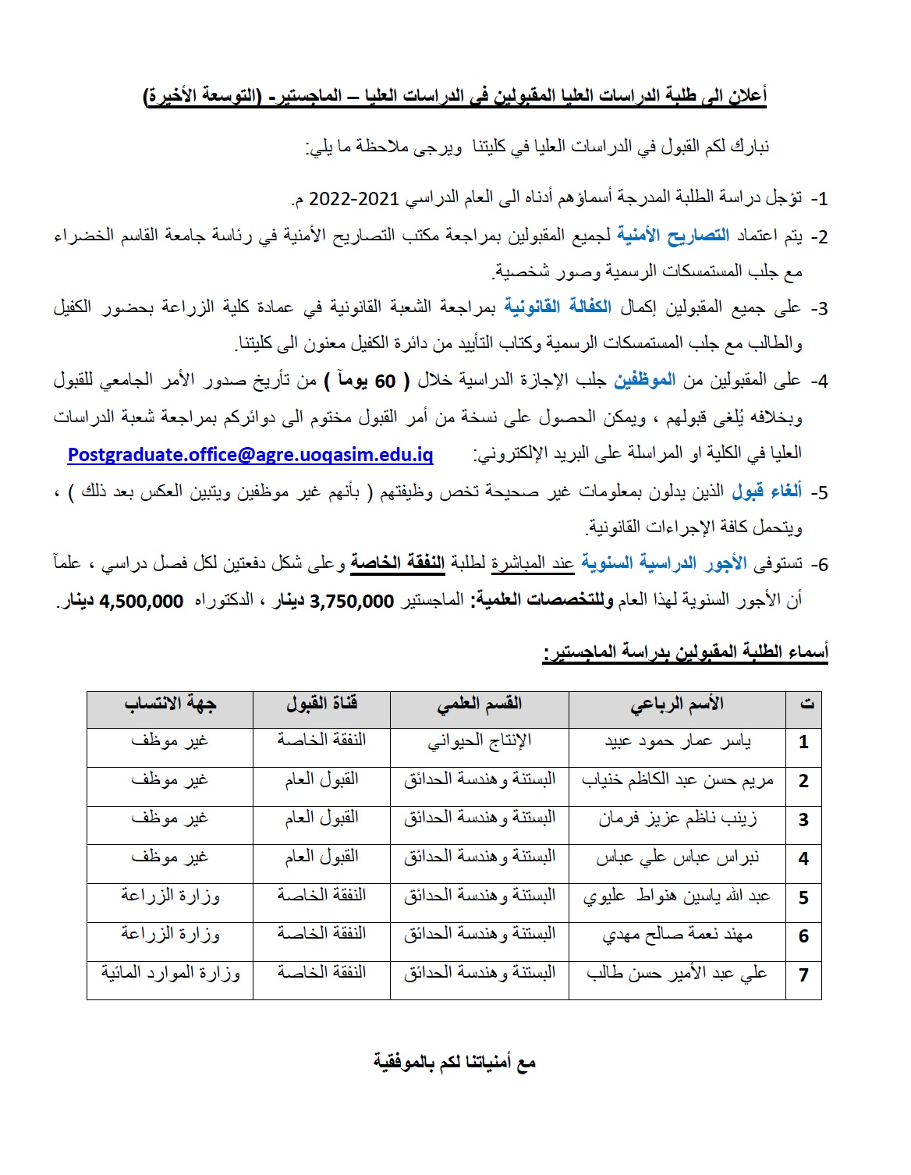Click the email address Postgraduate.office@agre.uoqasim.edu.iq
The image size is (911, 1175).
tap(250, 455)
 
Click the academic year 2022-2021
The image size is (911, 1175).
tap(354, 199)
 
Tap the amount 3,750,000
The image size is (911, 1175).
tap(352, 602)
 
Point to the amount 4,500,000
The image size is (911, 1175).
tap(141, 602)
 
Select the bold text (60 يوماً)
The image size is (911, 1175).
tap(367, 382)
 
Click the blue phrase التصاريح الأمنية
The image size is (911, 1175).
tap(673, 236)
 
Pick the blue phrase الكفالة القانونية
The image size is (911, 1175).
tap(557, 307)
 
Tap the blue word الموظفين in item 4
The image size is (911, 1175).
tap(644, 382)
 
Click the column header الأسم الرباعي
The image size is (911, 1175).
tap(677, 705)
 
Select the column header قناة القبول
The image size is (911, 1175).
tap(321, 705)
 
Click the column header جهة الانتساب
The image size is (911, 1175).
tap(170, 705)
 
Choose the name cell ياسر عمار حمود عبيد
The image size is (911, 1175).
tap(677, 741)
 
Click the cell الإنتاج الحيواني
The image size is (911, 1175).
tap(479, 741)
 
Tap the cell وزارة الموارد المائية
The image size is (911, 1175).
tap(170, 974)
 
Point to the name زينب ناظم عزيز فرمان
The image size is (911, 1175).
tap(677, 819)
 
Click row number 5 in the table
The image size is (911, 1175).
tap(803, 897)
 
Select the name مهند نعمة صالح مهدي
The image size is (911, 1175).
tap(677, 935)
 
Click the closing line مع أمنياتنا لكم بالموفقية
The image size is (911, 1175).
tap(454, 1063)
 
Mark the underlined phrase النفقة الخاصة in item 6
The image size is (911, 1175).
tap(397, 563)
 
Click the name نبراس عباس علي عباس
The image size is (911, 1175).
tap(677, 858)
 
